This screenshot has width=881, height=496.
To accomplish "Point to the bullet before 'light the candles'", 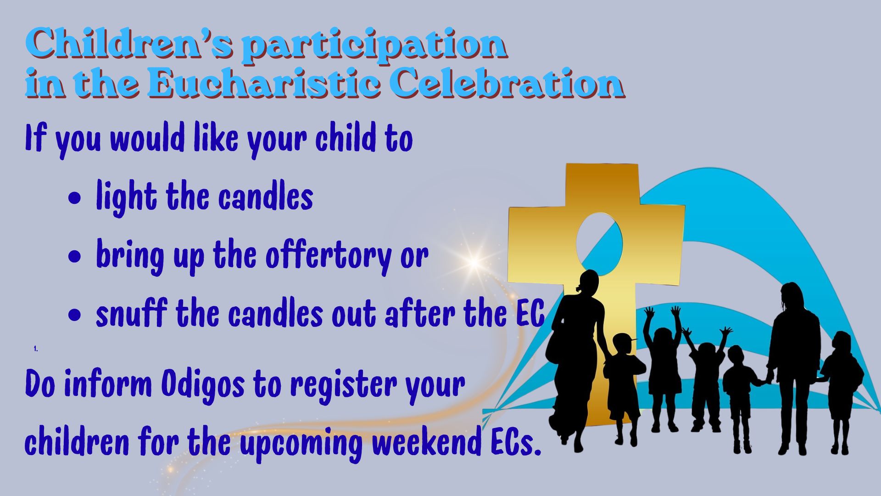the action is click(x=74, y=198).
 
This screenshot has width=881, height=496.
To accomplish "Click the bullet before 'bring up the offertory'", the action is click(x=74, y=257).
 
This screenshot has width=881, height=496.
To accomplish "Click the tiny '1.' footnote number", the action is click(x=36, y=349).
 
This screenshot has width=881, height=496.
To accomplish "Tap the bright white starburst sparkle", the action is click(x=474, y=262).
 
